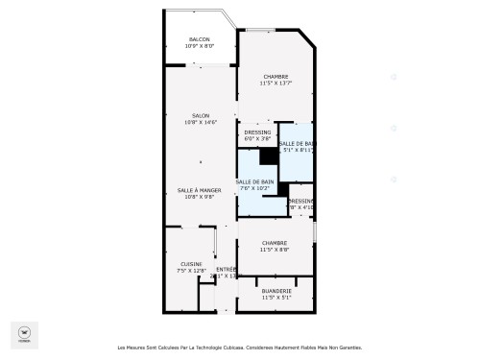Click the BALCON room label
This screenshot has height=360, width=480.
pos(200,39)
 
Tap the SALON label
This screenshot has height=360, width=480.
pos(200,115)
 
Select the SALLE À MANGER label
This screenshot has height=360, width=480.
pos(200,190)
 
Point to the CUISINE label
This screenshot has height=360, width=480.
pos(191,264)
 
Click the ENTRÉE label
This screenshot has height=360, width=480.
pos(226,270)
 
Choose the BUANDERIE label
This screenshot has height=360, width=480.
pos(276,291)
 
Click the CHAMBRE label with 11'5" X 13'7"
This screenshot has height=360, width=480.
pos(276,77)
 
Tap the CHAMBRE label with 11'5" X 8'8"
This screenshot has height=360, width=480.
pos(276,243)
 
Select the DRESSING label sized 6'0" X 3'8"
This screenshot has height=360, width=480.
pos(257,132)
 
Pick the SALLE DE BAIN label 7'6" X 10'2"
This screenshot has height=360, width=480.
pos(255,181)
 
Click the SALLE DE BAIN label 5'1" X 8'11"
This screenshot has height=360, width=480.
pos(297,143)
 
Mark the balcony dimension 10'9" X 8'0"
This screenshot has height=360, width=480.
pos(200,46)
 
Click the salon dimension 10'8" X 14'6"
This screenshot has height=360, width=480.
pos(200,122)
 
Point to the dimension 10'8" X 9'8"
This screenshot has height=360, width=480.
pos(200,197)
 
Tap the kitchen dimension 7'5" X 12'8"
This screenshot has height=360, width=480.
pos(191,271)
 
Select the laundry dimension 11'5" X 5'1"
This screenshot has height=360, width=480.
pos(276,298)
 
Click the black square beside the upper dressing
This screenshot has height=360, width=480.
pos(269,156)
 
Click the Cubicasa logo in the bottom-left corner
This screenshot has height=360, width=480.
pos(21,333)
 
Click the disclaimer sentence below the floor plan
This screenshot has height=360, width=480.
pos(240,348)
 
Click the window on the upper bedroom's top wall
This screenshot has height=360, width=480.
pos(270,31)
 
